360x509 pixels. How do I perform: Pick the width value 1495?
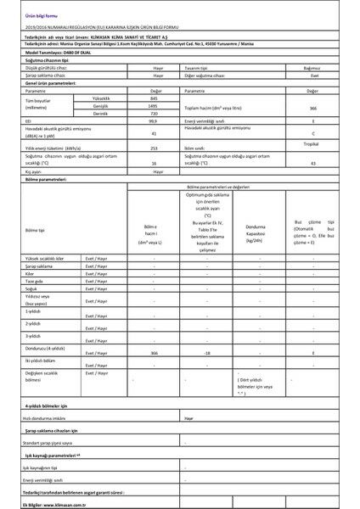[155, 106]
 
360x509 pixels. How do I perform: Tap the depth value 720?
[155, 113]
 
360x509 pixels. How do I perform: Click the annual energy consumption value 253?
[155, 146]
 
